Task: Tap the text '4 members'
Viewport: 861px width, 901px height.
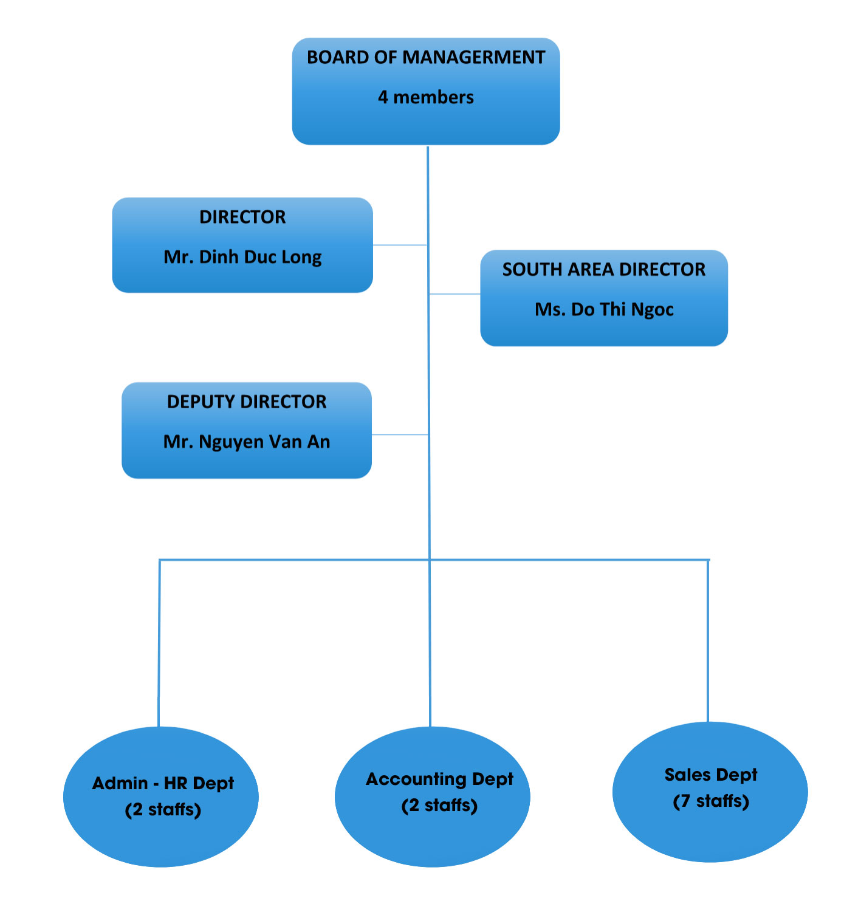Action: (425, 97)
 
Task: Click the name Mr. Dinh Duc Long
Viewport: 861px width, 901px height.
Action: (242, 257)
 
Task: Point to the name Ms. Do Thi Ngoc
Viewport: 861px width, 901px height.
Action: (603, 310)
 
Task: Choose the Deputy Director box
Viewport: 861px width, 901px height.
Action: (246, 465)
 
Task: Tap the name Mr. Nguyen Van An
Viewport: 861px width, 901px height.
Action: (246, 442)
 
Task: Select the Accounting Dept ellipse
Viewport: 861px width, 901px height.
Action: (432, 841)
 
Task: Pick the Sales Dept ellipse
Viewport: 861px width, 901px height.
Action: (710, 832)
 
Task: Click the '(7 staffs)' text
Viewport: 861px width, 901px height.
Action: (710, 801)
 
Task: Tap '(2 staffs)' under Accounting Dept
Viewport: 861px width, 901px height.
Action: (439, 806)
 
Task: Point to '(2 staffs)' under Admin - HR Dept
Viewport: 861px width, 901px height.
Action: (163, 810)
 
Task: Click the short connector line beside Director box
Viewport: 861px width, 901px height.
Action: (400, 245)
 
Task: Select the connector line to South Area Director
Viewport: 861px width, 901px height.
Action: (455, 294)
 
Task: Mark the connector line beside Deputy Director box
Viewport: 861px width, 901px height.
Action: (400, 435)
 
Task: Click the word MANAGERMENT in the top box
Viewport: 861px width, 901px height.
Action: (473, 57)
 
